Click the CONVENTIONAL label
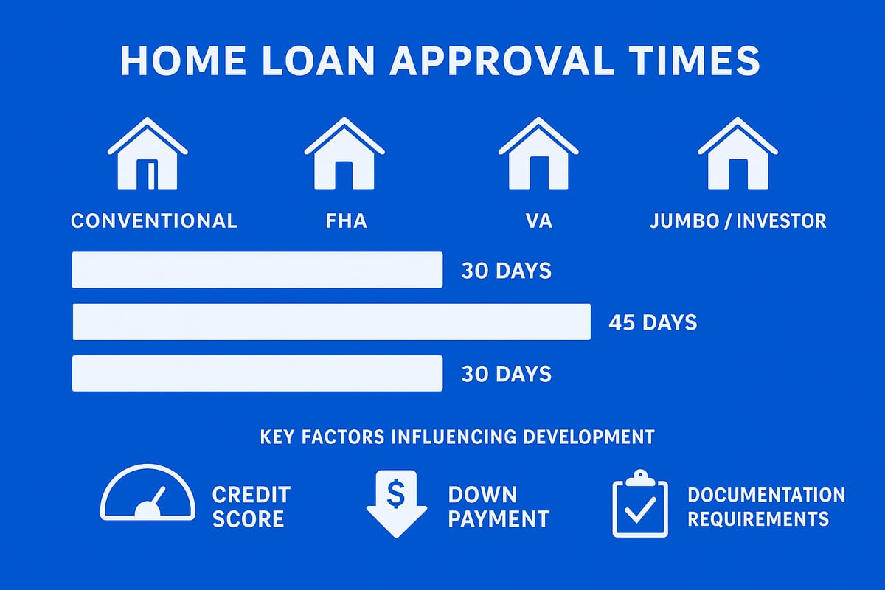coord(154,221)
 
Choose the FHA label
coord(346,221)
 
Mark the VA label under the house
coord(539,221)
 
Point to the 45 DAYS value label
coord(653,322)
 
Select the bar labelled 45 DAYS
coord(331,322)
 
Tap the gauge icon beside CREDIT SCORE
coord(148,493)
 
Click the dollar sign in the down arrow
coord(396,494)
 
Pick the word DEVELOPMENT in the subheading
coord(589,437)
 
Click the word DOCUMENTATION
coord(766,494)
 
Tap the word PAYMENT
coord(499,518)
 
